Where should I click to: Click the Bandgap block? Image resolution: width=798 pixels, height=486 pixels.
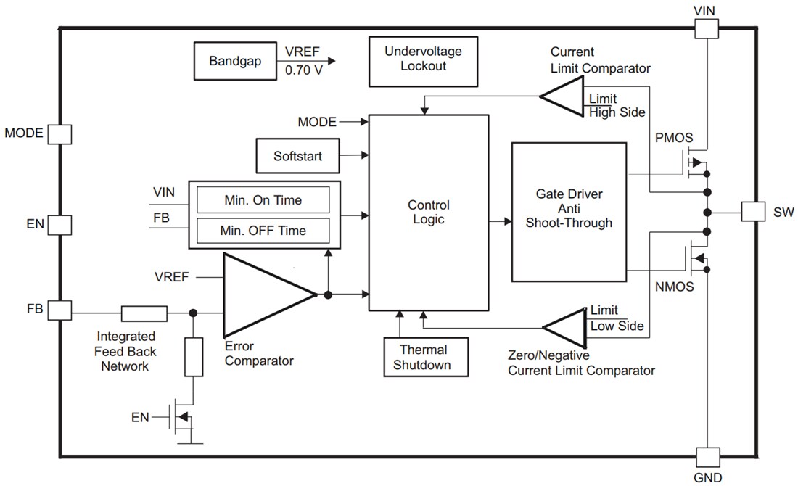229,61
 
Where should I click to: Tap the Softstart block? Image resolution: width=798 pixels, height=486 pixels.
297,156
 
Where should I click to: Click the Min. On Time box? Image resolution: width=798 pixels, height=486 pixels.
263,199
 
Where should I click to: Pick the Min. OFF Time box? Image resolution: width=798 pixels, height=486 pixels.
263,231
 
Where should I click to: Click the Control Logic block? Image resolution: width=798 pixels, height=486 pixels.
428,212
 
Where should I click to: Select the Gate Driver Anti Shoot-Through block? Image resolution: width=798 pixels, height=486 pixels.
569,212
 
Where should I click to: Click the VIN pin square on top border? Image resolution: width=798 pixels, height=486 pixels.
707,28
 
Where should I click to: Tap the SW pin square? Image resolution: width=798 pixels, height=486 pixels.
752,212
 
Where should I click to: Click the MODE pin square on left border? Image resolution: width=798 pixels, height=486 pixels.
59,133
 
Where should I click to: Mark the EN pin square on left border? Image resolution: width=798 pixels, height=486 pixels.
59,223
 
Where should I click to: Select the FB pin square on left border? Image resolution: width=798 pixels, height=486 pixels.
59,310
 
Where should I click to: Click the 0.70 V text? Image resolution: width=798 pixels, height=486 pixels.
304,71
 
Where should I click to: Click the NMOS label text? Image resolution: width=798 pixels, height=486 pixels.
674,287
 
